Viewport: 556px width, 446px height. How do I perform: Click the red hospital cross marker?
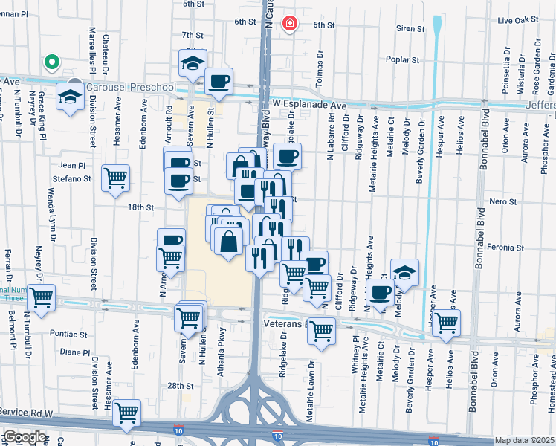[x=289, y=25]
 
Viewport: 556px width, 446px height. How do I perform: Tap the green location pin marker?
[x=51, y=62]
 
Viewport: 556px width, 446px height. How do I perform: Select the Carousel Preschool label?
[x=131, y=88]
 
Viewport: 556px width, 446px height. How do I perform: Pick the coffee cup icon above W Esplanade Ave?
[x=218, y=81]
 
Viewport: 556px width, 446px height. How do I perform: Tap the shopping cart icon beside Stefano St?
[x=115, y=178]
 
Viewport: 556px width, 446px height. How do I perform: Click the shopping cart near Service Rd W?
[x=127, y=412]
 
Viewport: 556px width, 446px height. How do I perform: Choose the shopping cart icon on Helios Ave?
[x=446, y=323]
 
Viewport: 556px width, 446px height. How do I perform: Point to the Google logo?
[x=25, y=438]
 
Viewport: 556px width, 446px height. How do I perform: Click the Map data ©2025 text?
[x=524, y=440]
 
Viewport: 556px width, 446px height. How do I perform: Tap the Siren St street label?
[x=410, y=29]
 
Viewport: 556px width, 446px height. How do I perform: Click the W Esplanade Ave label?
[x=309, y=106]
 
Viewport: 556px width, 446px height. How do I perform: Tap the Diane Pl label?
[x=75, y=352]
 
